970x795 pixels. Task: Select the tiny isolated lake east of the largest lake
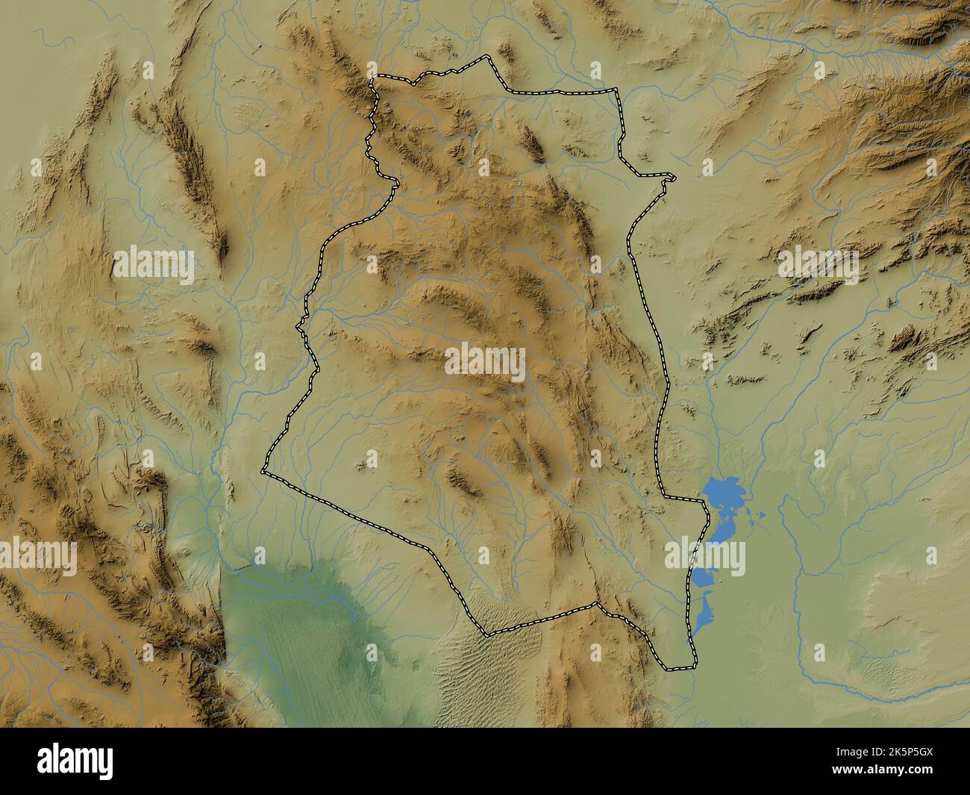(760, 515)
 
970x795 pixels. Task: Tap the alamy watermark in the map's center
(485, 362)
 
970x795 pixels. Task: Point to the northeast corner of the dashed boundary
(617, 90)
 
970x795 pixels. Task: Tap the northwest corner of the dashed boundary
(375, 77)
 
